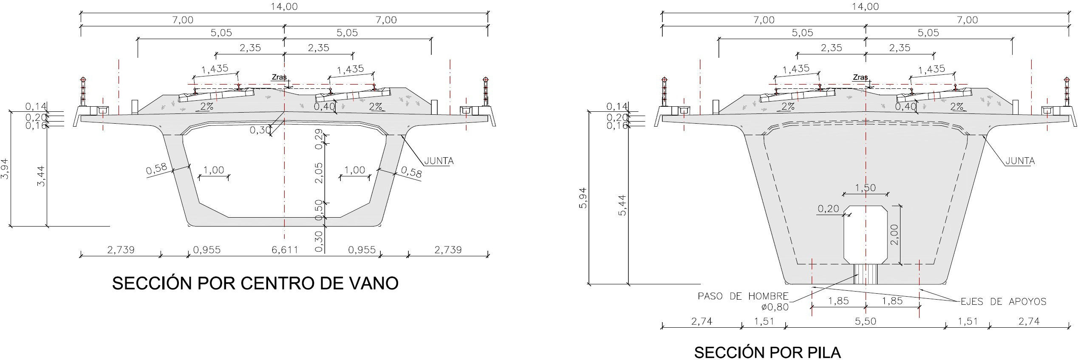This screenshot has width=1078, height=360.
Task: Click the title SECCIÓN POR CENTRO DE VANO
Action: click(255, 283)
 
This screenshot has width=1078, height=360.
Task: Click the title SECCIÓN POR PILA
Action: click(767, 352)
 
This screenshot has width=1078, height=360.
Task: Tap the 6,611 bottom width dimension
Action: click(285, 249)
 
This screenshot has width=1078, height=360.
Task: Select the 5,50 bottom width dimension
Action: click(866, 321)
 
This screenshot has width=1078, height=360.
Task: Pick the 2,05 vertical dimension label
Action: click(319, 173)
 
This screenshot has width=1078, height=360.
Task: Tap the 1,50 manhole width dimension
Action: click(865, 188)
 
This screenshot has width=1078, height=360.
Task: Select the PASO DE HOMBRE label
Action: click(743, 296)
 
